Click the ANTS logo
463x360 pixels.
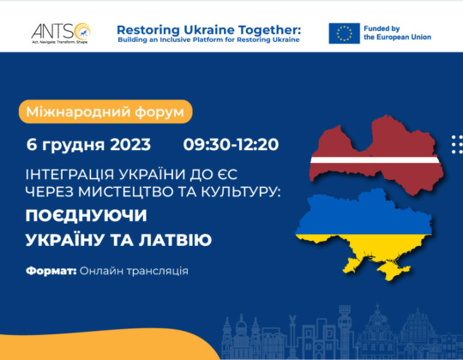click(x=61, y=33)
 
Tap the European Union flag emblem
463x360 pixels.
click(x=344, y=33)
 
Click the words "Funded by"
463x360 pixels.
click(x=382, y=28)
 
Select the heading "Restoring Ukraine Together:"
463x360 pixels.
click(x=208, y=30)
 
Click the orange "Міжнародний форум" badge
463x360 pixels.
click(x=105, y=111)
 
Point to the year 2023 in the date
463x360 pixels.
click(x=130, y=145)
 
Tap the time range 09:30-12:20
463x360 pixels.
click(x=231, y=145)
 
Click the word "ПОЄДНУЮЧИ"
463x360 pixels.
click(x=86, y=215)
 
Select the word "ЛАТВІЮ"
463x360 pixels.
click(x=175, y=240)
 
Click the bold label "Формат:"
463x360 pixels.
click(x=51, y=271)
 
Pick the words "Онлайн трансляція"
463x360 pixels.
click(x=134, y=271)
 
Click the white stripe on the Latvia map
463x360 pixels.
click(x=375, y=160)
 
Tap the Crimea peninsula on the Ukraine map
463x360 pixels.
click(x=394, y=269)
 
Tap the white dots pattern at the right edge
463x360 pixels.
click(x=457, y=145)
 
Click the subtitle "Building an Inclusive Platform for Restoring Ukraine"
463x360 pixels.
click(x=208, y=39)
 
